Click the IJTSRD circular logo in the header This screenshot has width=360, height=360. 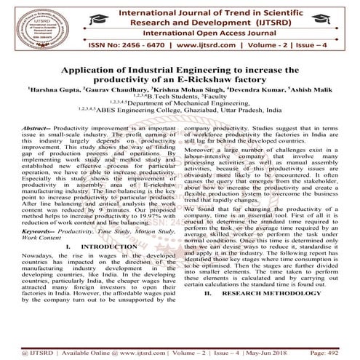[33, 26]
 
